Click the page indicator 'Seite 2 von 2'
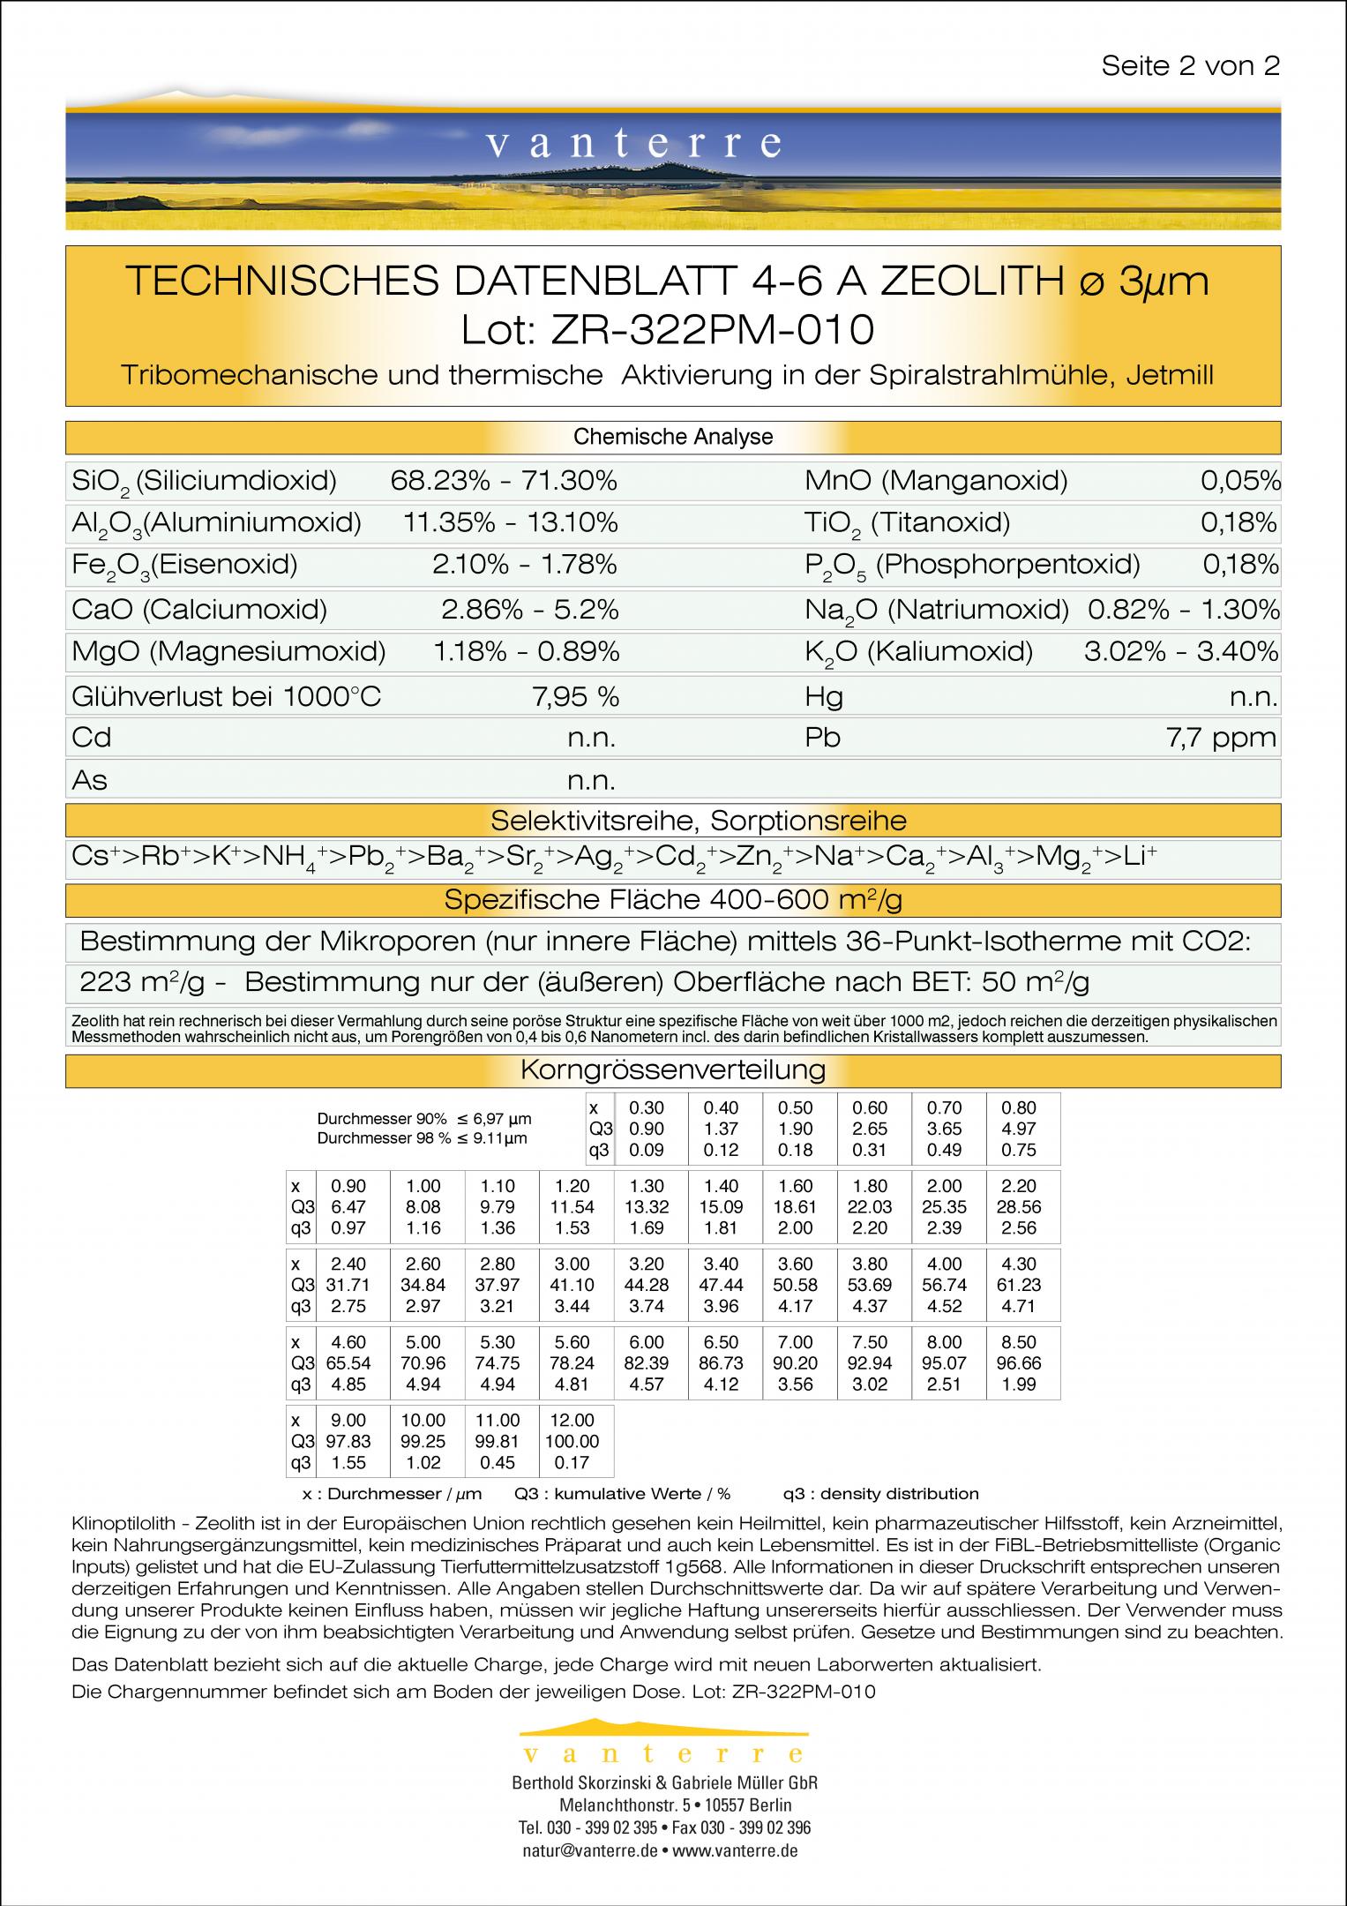(1190, 66)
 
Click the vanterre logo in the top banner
(632, 143)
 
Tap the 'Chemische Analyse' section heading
(673, 437)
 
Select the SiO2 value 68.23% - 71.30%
(504, 481)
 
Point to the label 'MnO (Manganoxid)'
(936, 481)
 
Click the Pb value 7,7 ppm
(1221, 738)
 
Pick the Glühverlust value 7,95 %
(575, 697)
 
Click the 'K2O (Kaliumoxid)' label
(918, 652)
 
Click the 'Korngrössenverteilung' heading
(673, 1070)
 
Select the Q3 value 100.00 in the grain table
(572, 1441)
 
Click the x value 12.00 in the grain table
(572, 1420)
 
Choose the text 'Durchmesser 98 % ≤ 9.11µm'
(422, 1138)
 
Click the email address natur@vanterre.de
(589, 1851)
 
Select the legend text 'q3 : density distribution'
(880, 1494)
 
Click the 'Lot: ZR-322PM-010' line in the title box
(668, 329)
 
